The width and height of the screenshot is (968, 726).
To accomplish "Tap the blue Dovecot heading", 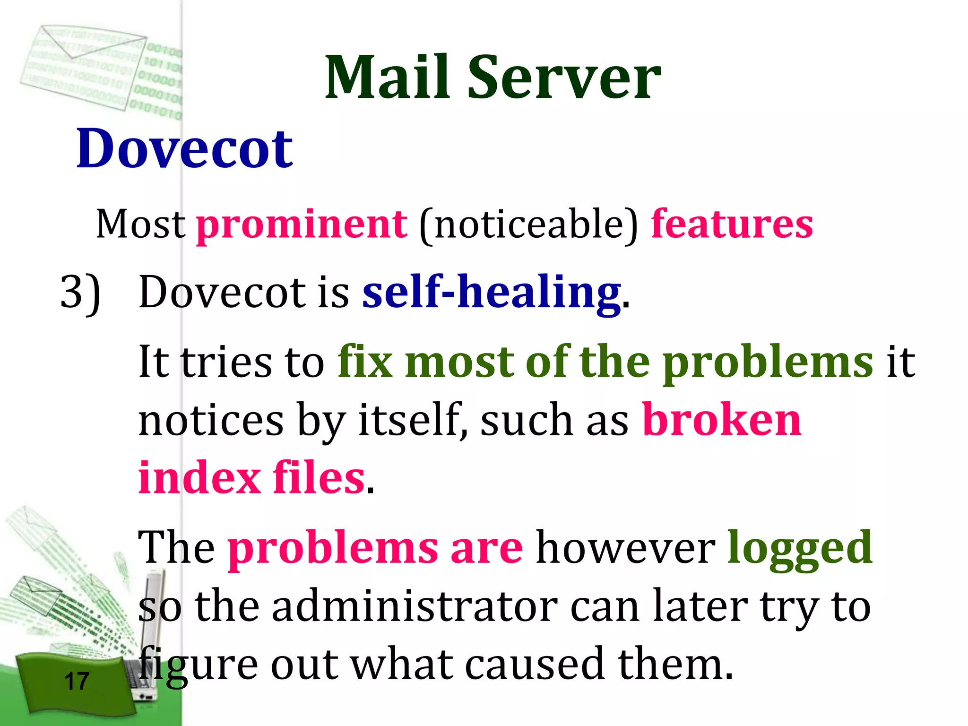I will tap(185, 149).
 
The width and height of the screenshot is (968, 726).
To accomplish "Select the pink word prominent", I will tap(302, 225).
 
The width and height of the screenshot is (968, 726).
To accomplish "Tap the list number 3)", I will tap(80, 293).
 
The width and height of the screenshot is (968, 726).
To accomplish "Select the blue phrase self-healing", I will tap(492, 293).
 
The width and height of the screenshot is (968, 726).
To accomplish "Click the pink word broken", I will tap(722, 420).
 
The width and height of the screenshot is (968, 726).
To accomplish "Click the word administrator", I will tap(415, 606).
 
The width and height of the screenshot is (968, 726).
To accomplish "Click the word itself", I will tap(409, 420).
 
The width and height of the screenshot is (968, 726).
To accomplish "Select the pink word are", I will tap(486, 548).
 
